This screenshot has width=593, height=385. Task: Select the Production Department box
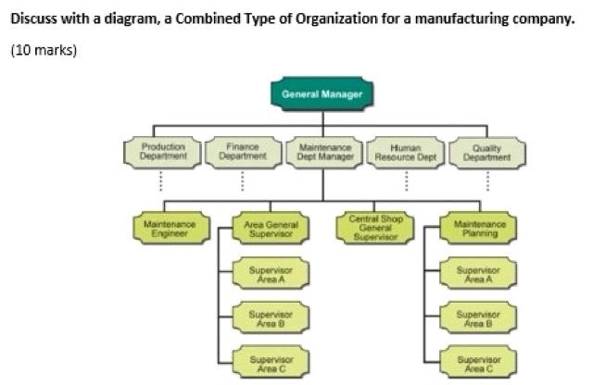(x=162, y=152)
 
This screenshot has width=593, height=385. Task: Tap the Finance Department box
(x=243, y=152)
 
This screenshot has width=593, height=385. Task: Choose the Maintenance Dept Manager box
(x=322, y=152)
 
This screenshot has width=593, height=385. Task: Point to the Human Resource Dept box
(x=406, y=152)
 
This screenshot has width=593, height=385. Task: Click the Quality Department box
(x=487, y=152)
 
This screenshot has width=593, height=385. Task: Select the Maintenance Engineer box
(x=166, y=229)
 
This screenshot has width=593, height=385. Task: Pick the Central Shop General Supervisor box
(x=374, y=229)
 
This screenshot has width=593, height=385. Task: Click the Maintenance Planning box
(x=479, y=229)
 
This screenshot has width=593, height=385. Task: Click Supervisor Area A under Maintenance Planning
(x=479, y=275)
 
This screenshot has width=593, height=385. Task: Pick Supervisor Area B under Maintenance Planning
(x=479, y=318)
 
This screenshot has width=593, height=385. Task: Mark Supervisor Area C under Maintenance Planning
(x=479, y=362)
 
